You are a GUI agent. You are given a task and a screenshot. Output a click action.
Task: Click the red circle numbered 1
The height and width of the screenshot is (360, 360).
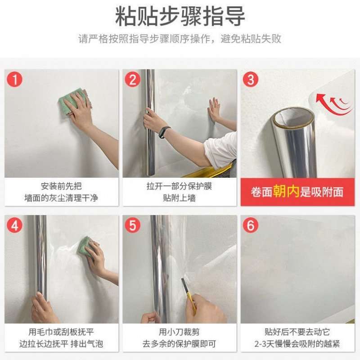(x=14, y=80)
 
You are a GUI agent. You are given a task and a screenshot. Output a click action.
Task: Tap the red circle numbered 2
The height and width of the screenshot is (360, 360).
(x=132, y=80)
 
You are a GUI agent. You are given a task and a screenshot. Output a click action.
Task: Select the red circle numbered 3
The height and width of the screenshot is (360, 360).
(x=251, y=80)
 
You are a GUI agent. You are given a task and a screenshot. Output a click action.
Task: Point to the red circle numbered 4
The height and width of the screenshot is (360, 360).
(x=14, y=225)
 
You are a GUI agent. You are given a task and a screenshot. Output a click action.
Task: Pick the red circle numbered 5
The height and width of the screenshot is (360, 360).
(x=132, y=225)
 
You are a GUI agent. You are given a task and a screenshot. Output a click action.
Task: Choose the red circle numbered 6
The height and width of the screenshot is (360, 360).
(x=251, y=225)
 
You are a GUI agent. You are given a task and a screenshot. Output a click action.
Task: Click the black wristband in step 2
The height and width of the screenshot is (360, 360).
(x=165, y=132)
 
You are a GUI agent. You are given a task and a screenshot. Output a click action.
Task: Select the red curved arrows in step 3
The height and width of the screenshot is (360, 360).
(x=333, y=104)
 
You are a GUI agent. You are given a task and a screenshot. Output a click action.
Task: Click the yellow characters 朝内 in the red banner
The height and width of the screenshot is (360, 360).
(x=286, y=192)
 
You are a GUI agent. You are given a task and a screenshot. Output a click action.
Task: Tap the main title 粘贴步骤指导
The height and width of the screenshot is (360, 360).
(x=180, y=16)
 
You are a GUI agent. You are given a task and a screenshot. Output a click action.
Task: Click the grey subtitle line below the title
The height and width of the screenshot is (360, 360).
(x=180, y=39)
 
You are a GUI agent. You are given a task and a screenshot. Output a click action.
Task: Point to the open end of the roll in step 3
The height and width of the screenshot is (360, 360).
(x=293, y=117)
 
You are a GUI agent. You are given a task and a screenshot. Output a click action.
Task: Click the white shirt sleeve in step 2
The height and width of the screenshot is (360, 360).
(x=221, y=150)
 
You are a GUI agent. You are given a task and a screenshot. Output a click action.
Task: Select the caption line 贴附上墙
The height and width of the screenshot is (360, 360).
(x=179, y=198)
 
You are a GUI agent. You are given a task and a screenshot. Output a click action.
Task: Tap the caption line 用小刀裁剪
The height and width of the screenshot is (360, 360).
(x=179, y=332)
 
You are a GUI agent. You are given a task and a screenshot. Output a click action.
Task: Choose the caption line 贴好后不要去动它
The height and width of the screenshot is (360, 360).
(x=297, y=332)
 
